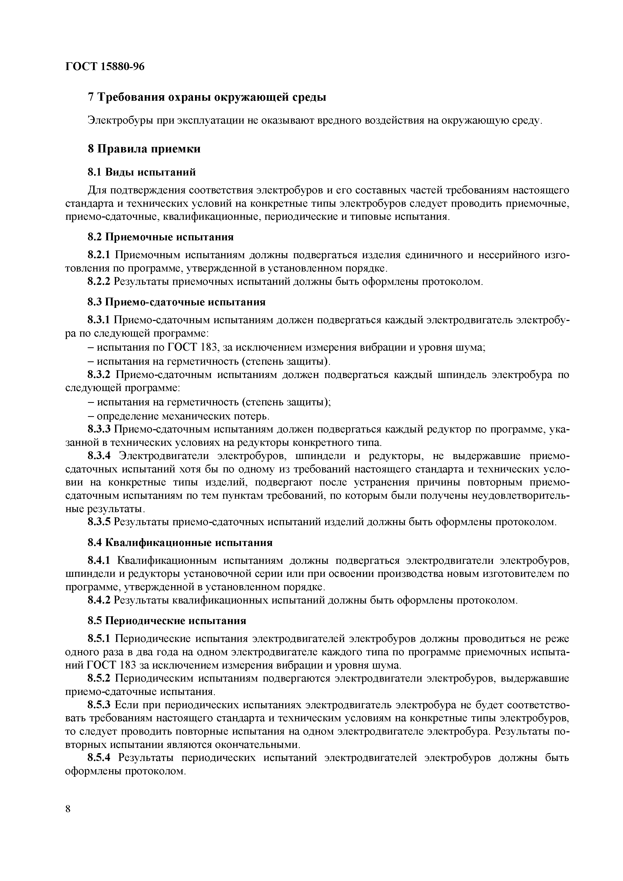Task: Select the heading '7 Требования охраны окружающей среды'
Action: point(207,97)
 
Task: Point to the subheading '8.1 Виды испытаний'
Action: point(142,172)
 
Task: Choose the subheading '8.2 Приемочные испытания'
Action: point(160,237)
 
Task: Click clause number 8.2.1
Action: point(99,255)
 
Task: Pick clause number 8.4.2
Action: point(99,600)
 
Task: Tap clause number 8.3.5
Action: point(99,522)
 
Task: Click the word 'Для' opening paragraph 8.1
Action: point(96,190)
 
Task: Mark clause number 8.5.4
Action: point(99,758)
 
